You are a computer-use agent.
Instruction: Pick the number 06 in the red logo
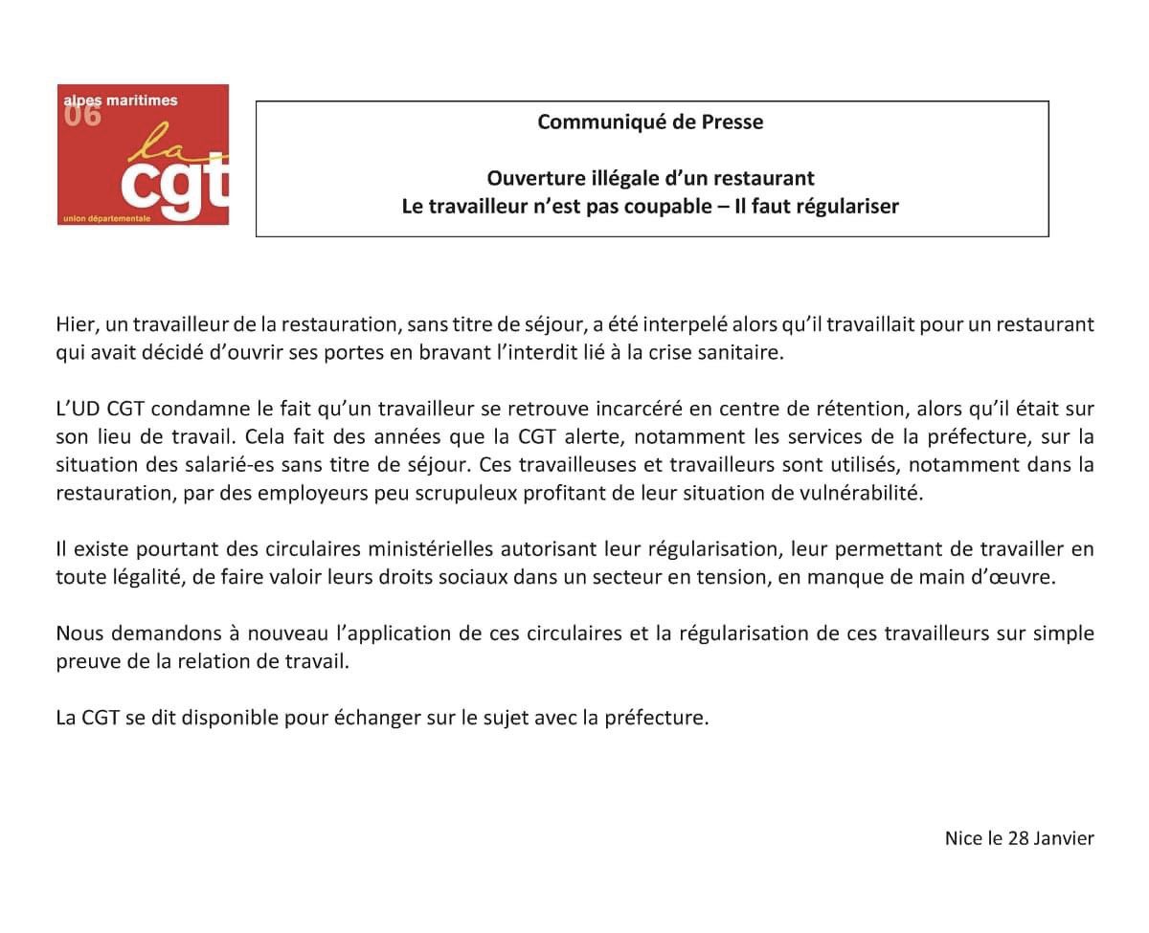click(81, 116)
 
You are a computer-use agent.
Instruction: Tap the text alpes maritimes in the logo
click(120, 100)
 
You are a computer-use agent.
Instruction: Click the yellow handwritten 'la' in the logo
click(158, 144)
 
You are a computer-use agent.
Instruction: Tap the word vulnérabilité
click(852, 494)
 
